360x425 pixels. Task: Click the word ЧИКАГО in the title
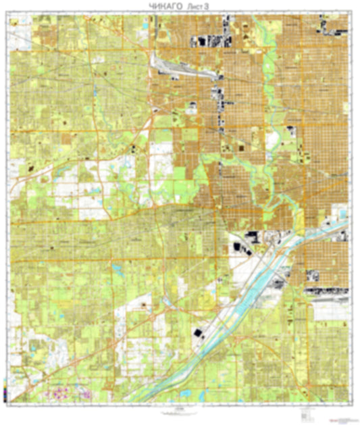click(x=161, y=6)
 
